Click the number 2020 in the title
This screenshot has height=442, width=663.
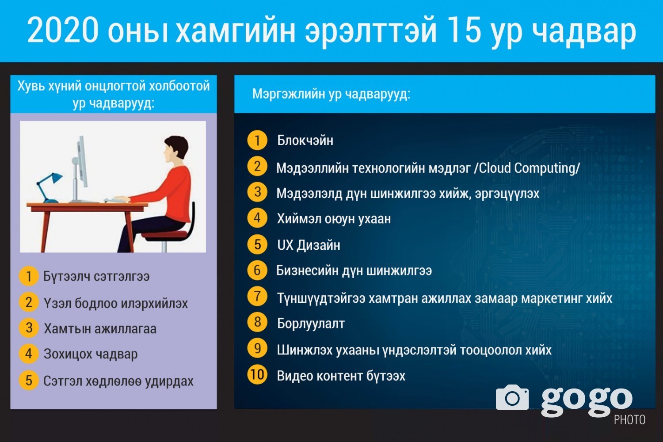(x=62, y=29)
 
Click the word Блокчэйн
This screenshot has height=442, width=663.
(x=305, y=141)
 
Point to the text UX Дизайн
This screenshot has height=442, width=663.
(x=309, y=245)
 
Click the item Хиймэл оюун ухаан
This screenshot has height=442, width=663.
(x=334, y=219)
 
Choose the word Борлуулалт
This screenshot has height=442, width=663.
(x=311, y=324)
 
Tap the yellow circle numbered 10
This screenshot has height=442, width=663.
(x=257, y=374)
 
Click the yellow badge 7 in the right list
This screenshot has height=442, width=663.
(x=257, y=296)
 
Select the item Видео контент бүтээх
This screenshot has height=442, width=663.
(x=341, y=376)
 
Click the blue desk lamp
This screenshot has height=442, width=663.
(x=49, y=187)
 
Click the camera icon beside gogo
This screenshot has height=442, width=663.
(x=512, y=397)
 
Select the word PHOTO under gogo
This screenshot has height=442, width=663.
(x=629, y=420)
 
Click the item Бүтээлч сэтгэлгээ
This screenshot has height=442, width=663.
(x=96, y=277)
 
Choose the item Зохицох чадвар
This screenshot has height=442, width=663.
(x=91, y=354)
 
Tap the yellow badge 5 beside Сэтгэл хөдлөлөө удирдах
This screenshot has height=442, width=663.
(x=29, y=381)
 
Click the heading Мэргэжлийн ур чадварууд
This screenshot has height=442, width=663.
(x=331, y=94)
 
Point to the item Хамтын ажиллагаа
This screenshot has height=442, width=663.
(x=100, y=329)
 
